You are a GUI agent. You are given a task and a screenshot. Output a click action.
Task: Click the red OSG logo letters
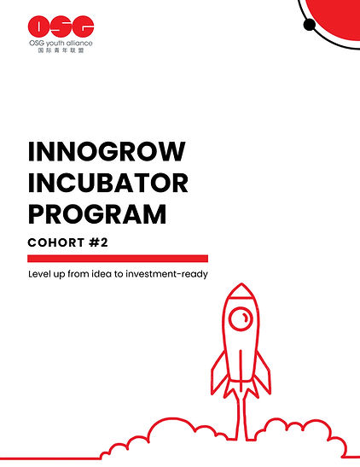click(60, 26)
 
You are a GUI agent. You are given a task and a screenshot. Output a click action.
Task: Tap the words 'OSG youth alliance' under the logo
click(61, 44)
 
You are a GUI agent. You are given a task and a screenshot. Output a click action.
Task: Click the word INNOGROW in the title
click(107, 153)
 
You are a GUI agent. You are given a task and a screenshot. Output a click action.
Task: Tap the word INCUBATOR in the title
click(108, 182)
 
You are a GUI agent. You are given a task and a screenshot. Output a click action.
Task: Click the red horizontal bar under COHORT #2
click(118, 258)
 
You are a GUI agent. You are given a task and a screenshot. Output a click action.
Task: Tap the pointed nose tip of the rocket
click(242, 287)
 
